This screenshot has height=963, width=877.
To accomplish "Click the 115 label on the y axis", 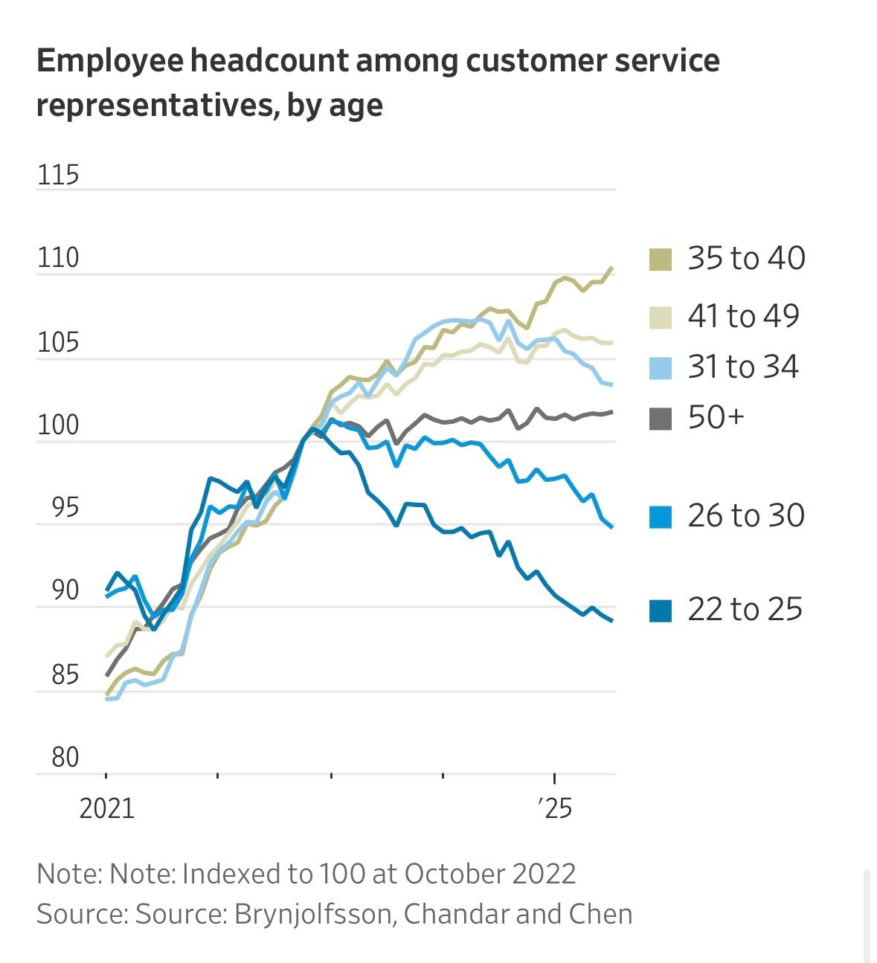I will click(x=57, y=175).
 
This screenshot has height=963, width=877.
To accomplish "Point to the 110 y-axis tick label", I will click(x=57, y=258).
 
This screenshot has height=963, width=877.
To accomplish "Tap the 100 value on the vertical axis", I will click(x=57, y=425).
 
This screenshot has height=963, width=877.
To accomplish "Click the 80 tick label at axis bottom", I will click(x=65, y=758).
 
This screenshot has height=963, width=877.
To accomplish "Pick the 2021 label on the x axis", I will click(x=106, y=808).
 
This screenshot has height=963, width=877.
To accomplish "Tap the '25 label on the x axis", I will click(x=554, y=808).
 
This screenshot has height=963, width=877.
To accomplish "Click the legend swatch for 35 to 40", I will click(x=661, y=260).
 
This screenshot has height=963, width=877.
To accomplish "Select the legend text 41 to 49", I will click(x=743, y=316).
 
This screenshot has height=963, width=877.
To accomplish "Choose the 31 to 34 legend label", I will click(x=743, y=367).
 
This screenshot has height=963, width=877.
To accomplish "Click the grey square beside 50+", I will click(x=661, y=419).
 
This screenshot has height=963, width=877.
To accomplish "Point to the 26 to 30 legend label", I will click(x=746, y=515).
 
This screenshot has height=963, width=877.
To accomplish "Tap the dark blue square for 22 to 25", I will click(x=661, y=611).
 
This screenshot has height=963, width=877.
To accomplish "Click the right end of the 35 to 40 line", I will click(x=611, y=268).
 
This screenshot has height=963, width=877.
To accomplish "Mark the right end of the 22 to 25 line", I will click(x=611, y=620).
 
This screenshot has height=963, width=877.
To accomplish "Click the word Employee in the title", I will click(x=109, y=61).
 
